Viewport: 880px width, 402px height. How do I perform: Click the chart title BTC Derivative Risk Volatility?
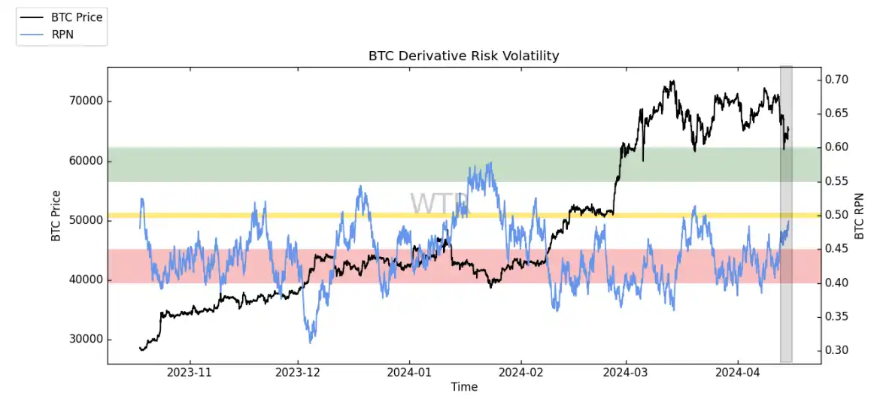tap(463, 56)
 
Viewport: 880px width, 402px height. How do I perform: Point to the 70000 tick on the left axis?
tap(85, 101)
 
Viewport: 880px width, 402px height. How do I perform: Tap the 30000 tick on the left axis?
tap(85, 340)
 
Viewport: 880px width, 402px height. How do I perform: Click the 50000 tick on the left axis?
tap(85, 221)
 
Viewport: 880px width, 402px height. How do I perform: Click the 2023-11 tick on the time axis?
tap(189, 373)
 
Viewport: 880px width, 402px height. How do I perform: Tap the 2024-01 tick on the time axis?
tap(409, 373)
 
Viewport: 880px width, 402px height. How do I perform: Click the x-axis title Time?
tap(464, 387)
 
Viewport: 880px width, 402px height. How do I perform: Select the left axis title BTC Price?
tap(56, 216)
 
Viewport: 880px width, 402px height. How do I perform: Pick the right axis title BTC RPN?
tap(860, 216)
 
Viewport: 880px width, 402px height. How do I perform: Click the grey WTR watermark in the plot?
tap(438, 204)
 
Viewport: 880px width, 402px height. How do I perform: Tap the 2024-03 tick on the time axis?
tap(626, 373)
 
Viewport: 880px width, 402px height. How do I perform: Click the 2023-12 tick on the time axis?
tap(299, 373)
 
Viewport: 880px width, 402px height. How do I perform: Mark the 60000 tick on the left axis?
tap(85, 162)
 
